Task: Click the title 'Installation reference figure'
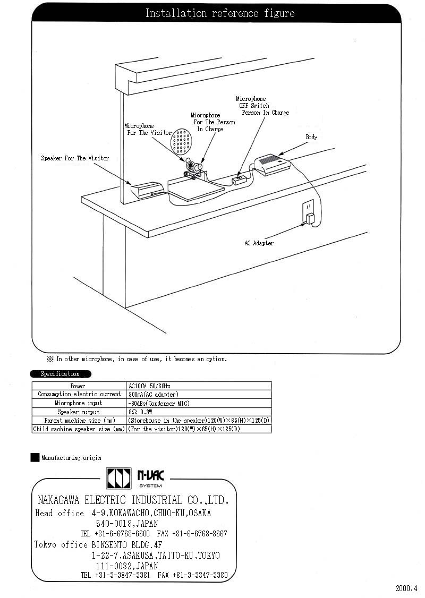coord(219,13)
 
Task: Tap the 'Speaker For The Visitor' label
coord(75,158)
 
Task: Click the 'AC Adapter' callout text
coord(259,243)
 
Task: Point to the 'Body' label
coord(311,137)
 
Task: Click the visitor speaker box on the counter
coord(146,190)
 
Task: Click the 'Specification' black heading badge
coord(61,374)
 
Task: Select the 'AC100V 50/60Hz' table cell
coord(149,386)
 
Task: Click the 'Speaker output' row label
coord(79,412)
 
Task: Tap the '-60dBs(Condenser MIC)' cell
coord(159,403)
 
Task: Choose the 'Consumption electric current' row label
coord(79,395)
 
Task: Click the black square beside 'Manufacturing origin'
coord(35,457)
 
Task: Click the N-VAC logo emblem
coord(118,477)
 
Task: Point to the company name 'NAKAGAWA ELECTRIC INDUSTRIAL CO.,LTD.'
coord(133,500)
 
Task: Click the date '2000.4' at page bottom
coord(407,588)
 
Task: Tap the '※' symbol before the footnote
coord(50,359)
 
